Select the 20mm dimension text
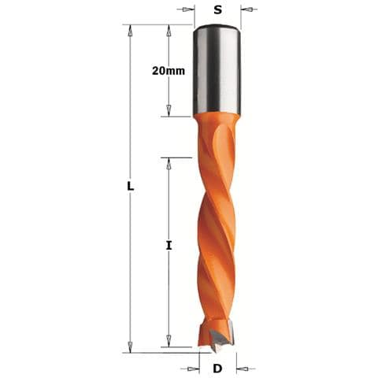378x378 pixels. tap(169, 70)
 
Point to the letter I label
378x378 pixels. tap(168, 246)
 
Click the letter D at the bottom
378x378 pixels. tap(218, 368)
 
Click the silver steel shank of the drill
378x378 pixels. tap(217, 71)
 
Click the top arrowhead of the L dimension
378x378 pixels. tap(131, 29)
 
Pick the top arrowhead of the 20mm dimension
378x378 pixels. tap(168, 29)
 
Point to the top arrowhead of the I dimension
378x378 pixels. tap(168, 162)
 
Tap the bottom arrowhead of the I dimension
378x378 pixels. tap(168, 341)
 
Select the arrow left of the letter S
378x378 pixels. tap(188, 10)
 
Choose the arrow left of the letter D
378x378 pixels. tap(191, 368)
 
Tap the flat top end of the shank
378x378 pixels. tap(217, 28)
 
